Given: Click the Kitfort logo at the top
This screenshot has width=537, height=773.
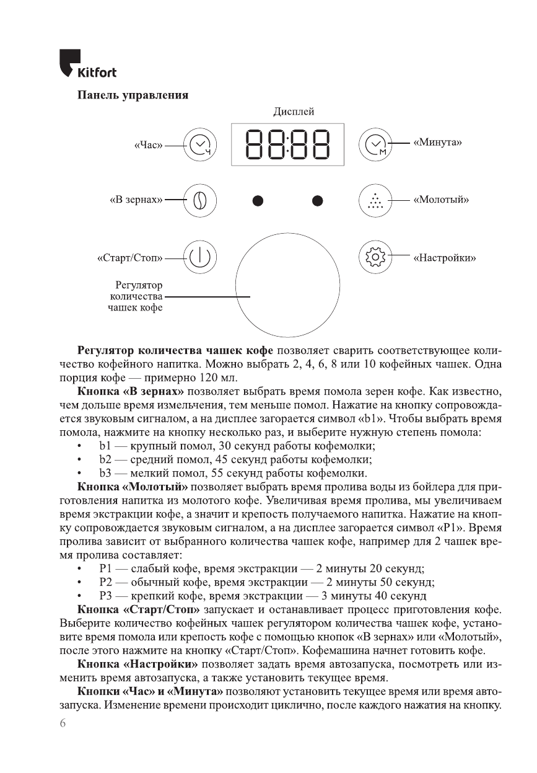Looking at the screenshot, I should [88, 64].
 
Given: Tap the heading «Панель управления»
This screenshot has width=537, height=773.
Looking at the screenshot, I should [132, 95].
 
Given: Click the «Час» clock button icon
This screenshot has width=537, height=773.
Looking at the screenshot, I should [199, 146].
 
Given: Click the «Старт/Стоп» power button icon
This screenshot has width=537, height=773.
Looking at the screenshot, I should [199, 257].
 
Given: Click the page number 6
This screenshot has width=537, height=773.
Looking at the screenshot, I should [63, 723].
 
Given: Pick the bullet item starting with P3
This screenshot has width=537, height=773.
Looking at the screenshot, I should [262, 596].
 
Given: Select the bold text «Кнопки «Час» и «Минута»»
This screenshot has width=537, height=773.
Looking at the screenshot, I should [149, 691].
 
